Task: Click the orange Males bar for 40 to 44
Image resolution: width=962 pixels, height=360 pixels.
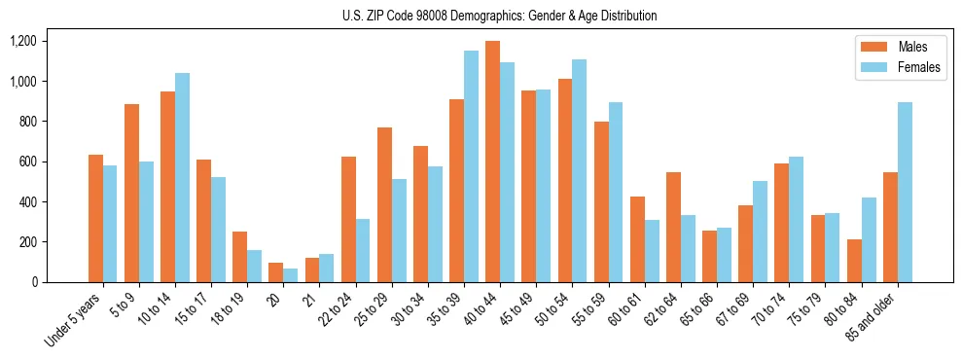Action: [x=492, y=162]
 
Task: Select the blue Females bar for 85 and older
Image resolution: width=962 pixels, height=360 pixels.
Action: [x=904, y=193]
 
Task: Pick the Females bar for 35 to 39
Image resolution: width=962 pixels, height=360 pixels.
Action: [x=471, y=166]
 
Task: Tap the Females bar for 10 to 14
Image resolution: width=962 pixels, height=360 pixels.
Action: [x=182, y=177]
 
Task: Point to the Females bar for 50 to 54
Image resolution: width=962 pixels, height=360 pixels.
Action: [x=579, y=171]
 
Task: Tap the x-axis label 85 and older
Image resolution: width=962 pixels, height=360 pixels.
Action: [x=880, y=321]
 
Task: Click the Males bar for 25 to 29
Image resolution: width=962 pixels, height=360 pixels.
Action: [x=384, y=204]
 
